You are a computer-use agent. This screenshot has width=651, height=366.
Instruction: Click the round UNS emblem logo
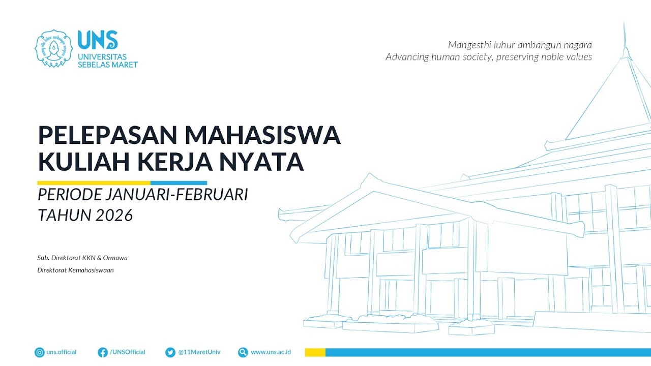point(53,48)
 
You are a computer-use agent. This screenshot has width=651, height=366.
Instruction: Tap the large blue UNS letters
point(98,40)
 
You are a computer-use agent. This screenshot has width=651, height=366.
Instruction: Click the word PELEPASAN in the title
point(108,135)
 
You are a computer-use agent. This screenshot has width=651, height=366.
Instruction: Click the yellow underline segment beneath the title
point(94,183)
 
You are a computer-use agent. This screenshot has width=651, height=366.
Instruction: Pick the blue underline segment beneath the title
point(179,183)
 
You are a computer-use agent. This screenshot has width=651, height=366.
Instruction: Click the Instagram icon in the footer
point(40,352)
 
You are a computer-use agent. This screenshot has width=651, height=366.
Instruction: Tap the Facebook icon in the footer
point(103,352)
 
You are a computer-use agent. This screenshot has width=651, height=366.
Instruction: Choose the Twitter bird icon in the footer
point(170,352)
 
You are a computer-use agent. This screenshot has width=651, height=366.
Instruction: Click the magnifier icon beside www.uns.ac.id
point(243,352)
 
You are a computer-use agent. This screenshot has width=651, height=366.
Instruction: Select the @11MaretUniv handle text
point(199,352)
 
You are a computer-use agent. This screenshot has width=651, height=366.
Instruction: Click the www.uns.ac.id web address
point(271,352)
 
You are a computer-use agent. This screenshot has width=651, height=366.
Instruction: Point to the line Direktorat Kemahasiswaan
point(75,270)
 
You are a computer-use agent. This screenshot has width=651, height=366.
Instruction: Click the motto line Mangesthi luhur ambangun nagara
point(520,45)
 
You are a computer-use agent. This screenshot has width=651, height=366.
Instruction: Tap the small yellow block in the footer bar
point(315,352)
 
